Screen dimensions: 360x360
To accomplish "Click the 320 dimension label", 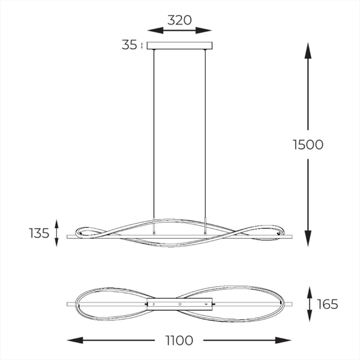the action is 179,20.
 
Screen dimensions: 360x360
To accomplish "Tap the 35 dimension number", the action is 129,45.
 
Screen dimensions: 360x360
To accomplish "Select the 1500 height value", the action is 308,145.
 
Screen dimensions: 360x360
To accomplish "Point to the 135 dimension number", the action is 39,233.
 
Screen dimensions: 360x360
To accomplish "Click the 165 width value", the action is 328,304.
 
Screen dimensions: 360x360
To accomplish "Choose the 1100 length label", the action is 179,340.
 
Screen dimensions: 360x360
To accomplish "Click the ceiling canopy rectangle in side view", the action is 179,46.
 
